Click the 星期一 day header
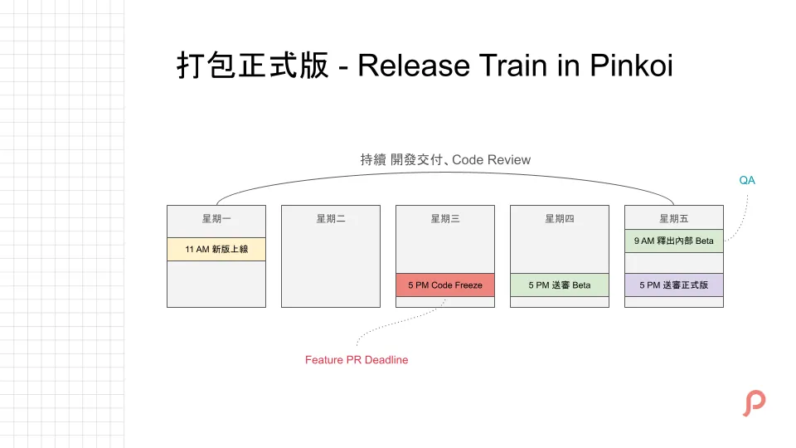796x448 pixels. point(216,219)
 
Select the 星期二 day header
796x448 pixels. point(330,219)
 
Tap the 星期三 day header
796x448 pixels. point(444,219)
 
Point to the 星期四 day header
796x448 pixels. point(559,219)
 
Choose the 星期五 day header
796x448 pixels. point(673,219)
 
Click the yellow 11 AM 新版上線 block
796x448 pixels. point(216,249)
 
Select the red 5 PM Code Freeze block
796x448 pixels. point(444,285)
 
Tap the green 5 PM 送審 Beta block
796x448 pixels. point(559,285)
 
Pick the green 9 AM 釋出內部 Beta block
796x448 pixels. point(673,241)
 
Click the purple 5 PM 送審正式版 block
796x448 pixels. point(673,285)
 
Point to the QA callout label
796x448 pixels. point(747,180)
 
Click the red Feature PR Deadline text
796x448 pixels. point(357,360)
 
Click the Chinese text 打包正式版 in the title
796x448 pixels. point(253,66)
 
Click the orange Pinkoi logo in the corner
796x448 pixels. point(753,403)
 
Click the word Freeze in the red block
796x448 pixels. point(467,285)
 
